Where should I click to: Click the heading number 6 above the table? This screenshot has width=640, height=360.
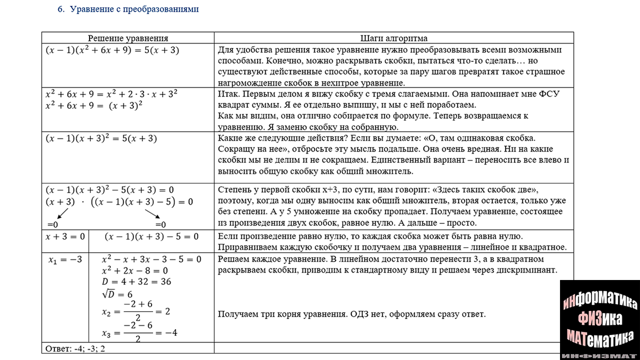[60, 10]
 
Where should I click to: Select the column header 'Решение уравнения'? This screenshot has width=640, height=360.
[128, 38]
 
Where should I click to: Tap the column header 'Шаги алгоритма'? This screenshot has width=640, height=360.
[394, 38]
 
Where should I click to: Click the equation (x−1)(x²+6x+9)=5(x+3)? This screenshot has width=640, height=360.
[112, 51]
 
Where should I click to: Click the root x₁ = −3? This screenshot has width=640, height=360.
[65, 260]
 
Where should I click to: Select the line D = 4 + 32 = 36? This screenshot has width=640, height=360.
[136, 282]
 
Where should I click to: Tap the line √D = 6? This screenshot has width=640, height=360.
[117, 294]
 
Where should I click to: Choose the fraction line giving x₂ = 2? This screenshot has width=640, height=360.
[135, 311]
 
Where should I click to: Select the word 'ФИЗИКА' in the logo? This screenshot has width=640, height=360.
[599, 318]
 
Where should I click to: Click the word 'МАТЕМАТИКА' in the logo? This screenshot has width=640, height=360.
[599, 337]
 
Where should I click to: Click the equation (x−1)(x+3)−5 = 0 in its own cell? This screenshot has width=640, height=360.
[151, 236]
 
